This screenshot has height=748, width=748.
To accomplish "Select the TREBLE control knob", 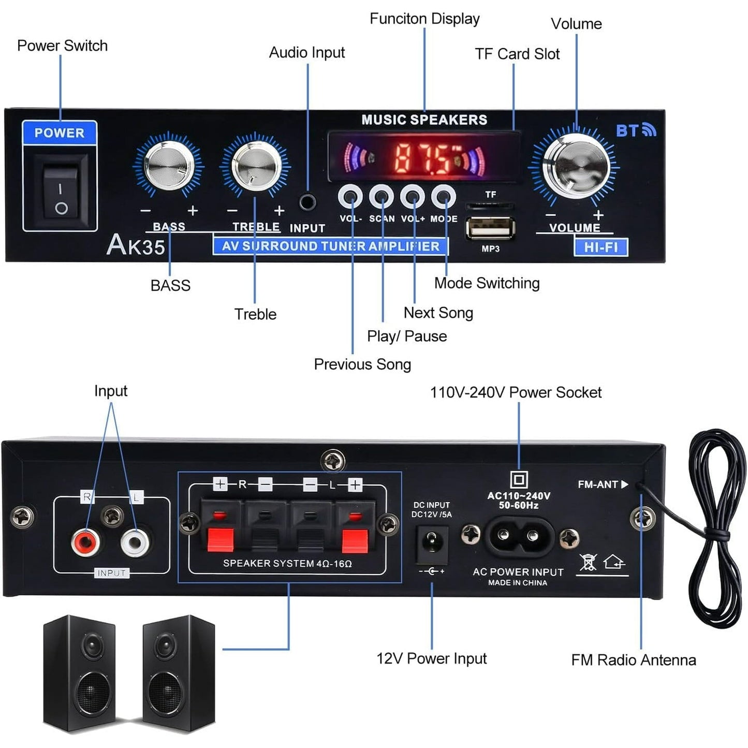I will coord(255,166).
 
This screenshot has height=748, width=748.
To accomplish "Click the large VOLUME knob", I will coord(575,165).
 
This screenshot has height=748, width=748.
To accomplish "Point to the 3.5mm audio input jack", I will coord(307,201).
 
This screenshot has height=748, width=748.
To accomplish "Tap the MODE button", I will coord(444,197).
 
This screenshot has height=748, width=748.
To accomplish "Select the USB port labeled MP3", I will coord(490,228).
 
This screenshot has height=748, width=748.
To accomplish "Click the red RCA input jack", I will coord(85,542).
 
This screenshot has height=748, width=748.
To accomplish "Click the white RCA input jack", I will coord(135,542).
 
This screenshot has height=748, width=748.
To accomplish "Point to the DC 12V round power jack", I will coord(432,543).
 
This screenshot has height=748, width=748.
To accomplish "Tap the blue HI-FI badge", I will coord(600,247).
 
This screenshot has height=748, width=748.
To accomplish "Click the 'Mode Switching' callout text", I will coord(487,283).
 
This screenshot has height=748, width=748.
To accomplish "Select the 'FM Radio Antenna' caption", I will coord(633,660).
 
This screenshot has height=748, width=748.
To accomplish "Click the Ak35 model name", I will coord(136,245).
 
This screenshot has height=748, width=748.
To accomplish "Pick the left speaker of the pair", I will coord(79,673).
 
